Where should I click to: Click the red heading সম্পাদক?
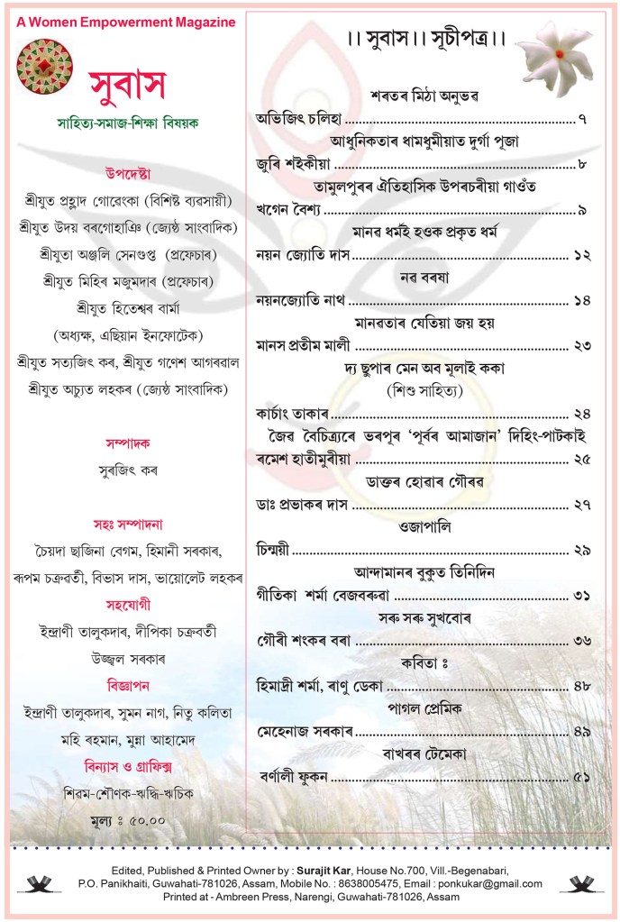125,444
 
